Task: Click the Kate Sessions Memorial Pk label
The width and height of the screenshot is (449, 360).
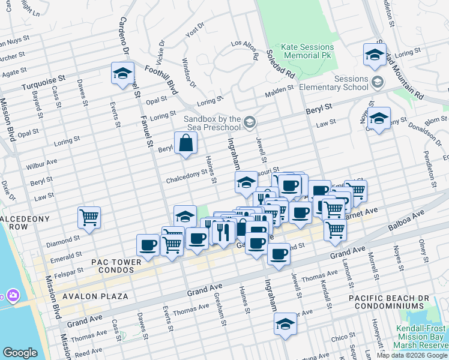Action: tap(307, 52)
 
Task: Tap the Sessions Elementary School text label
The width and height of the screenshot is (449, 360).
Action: tap(342, 83)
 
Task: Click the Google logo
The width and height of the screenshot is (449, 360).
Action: tap(20, 353)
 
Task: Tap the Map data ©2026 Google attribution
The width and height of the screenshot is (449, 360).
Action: tap(411, 355)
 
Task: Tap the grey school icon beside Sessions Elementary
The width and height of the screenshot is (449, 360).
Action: tap(378, 81)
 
